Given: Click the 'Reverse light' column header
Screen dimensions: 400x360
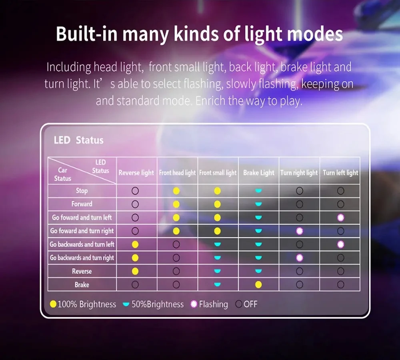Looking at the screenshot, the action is [136, 173].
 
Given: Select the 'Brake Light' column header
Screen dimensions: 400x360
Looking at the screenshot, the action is [259, 173].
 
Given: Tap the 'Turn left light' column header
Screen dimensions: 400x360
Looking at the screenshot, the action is [340, 173].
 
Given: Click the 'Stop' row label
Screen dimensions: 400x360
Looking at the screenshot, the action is [82, 190].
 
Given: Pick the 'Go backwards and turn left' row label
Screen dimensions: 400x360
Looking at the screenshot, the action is [82, 244].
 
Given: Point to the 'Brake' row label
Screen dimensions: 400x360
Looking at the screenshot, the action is [82, 284].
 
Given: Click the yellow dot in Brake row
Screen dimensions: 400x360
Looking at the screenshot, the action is [258, 284].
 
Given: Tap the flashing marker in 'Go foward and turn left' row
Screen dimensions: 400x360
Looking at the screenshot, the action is [340, 218].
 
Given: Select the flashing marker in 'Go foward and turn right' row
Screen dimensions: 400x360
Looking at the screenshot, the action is [300, 231].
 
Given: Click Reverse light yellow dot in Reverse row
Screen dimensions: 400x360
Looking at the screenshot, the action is [135, 271].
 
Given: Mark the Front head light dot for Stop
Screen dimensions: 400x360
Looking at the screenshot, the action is [176, 191].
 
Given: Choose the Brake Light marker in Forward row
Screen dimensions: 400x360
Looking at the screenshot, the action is [258, 204].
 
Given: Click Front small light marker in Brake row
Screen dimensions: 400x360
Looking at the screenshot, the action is [217, 284].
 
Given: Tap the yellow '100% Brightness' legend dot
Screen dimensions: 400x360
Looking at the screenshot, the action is [53, 304].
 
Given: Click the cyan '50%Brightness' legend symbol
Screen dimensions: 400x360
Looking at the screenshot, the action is [126, 304].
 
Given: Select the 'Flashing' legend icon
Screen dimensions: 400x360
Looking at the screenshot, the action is [194, 304].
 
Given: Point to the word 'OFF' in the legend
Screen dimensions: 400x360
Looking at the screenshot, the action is [250, 304].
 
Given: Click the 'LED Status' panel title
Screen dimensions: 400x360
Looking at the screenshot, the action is [78, 140].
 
